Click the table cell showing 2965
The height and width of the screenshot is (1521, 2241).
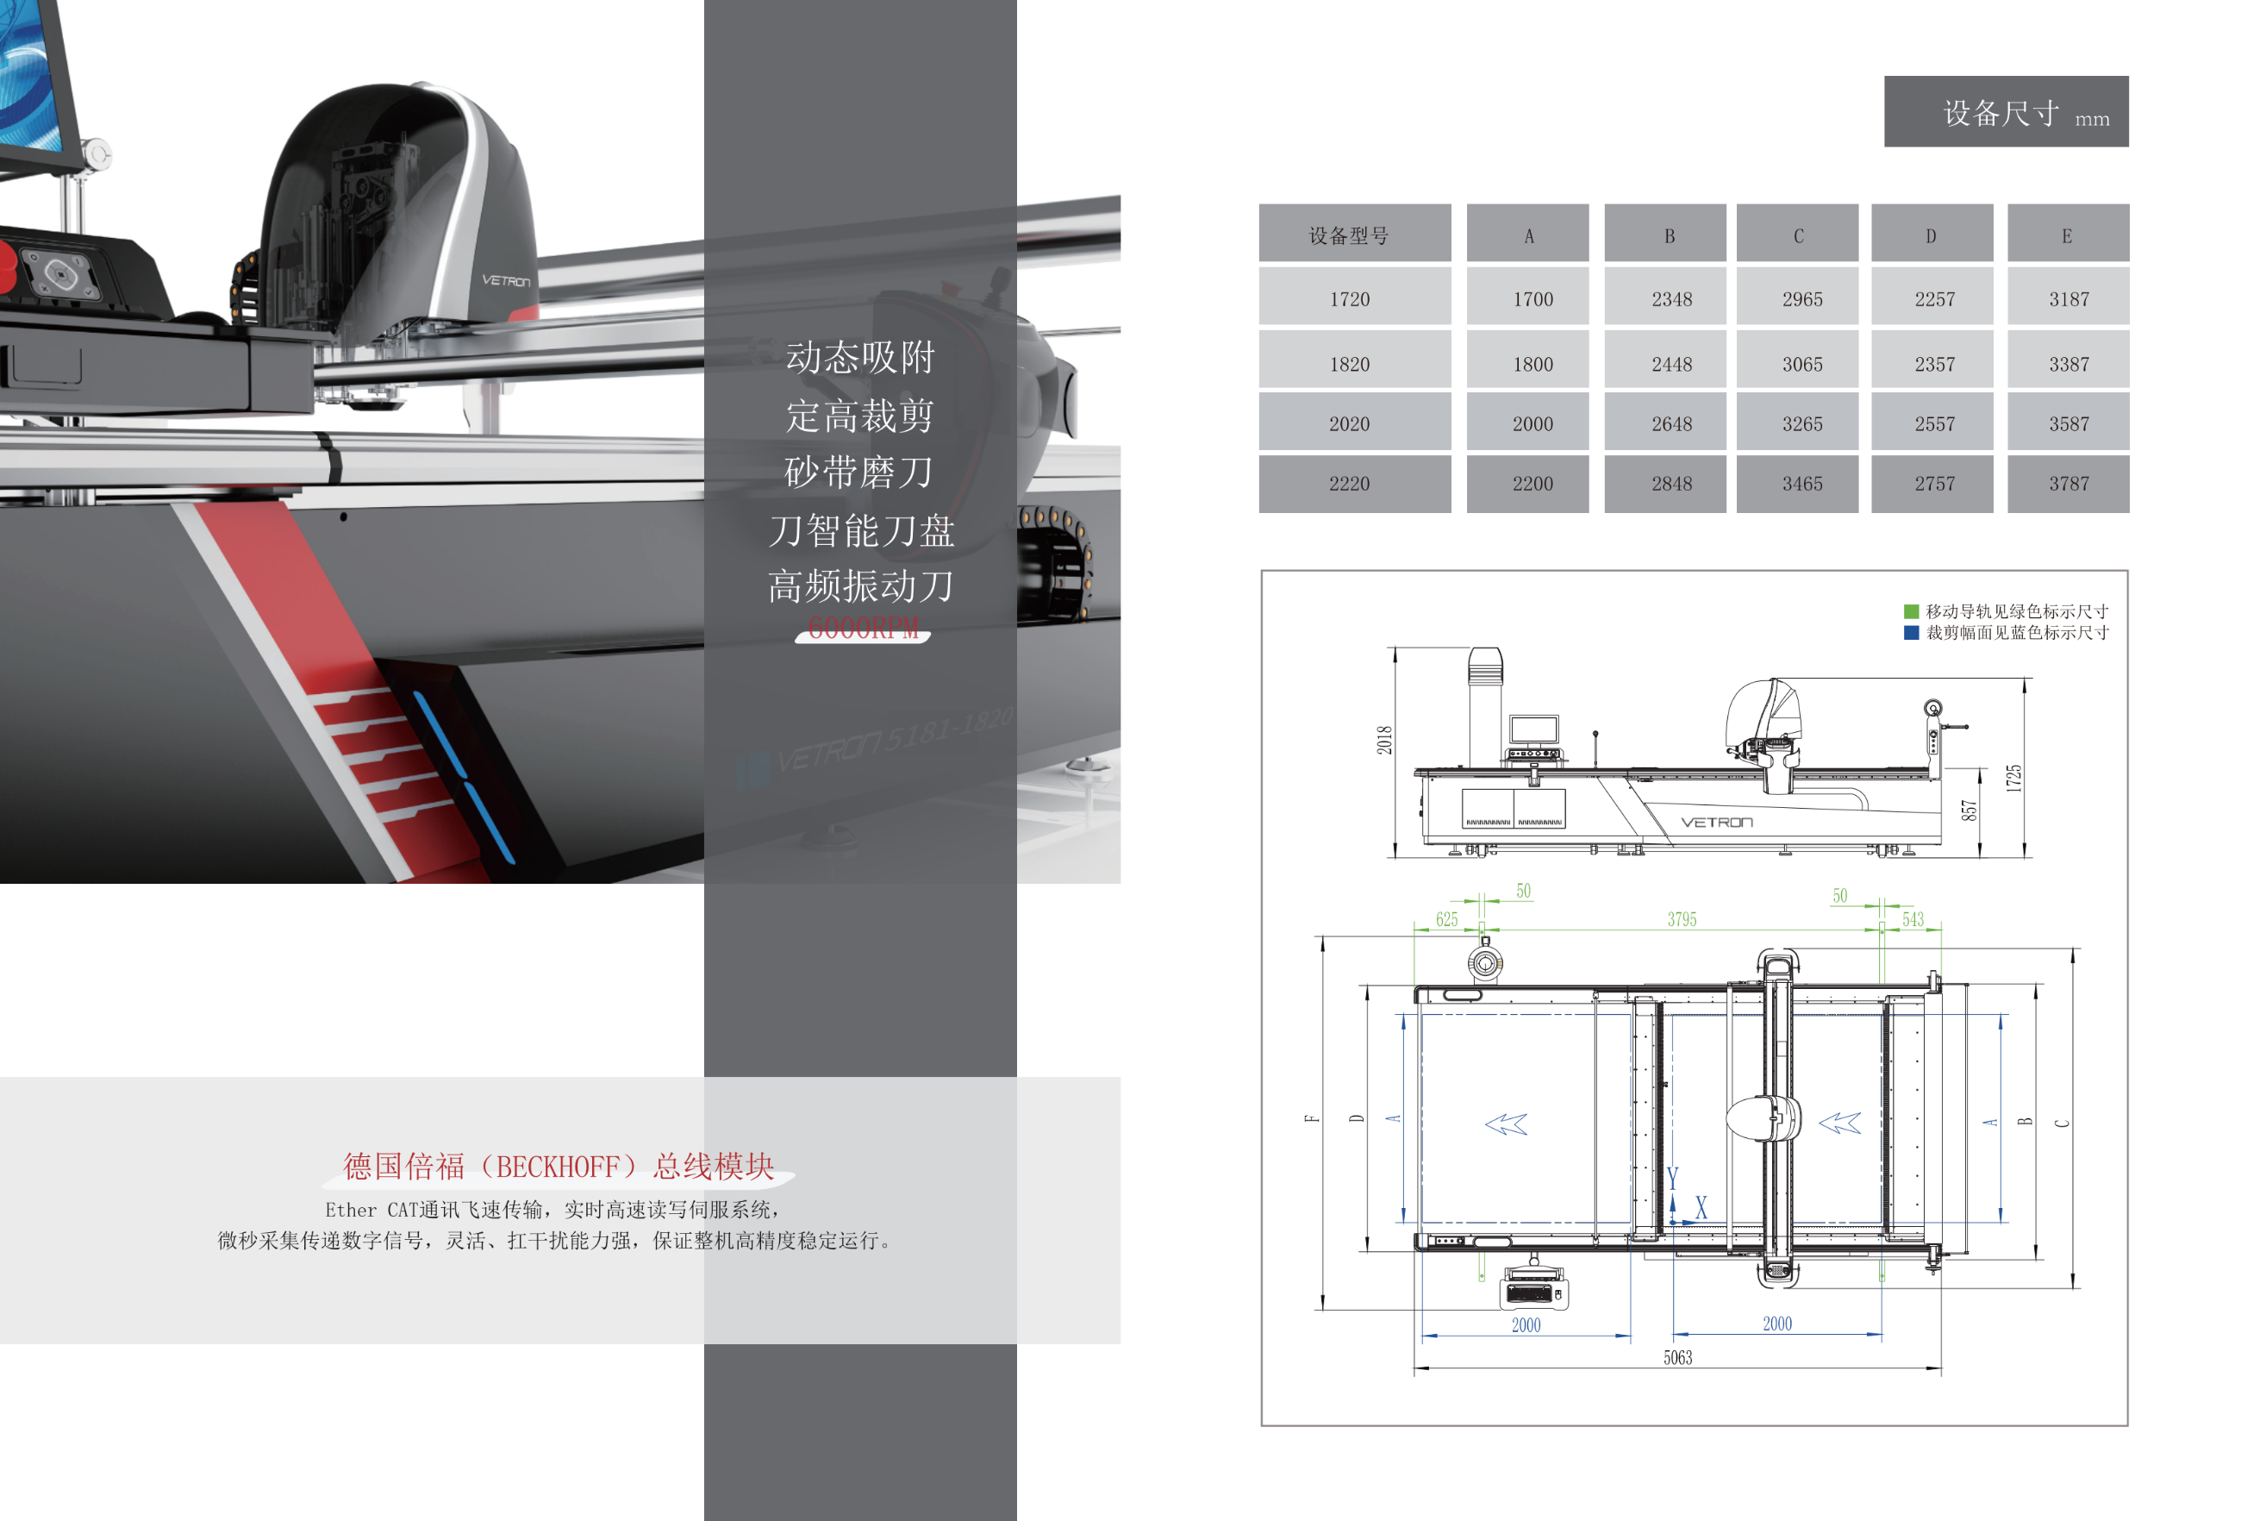[x=1801, y=299]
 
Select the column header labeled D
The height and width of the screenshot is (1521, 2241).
[x=1931, y=235]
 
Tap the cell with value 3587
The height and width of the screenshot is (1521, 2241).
[x=2069, y=423]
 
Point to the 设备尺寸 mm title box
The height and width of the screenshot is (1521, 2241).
[x=2006, y=112]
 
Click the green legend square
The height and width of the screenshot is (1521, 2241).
[x=1910, y=611]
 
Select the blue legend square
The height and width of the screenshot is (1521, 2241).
[x=1910, y=633]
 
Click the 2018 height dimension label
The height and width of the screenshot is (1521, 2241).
[x=1383, y=740]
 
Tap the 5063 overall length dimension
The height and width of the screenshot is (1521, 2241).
[x=1677, y=1358]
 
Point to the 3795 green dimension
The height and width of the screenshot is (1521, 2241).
[x=1681, y=919]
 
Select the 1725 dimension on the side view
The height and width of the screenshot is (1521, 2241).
[x=2013, y=779]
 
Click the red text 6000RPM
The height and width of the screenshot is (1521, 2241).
[x=862, y=629]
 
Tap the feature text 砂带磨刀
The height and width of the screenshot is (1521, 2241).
[x=858, y=473]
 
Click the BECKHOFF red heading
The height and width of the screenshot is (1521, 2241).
[x=559, y=1166]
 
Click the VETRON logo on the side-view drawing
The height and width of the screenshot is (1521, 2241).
[x=1716, y=822]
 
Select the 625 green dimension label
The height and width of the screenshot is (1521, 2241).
[x=1446, y=919]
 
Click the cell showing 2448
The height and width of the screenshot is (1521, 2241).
[x=1671, y=364]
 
